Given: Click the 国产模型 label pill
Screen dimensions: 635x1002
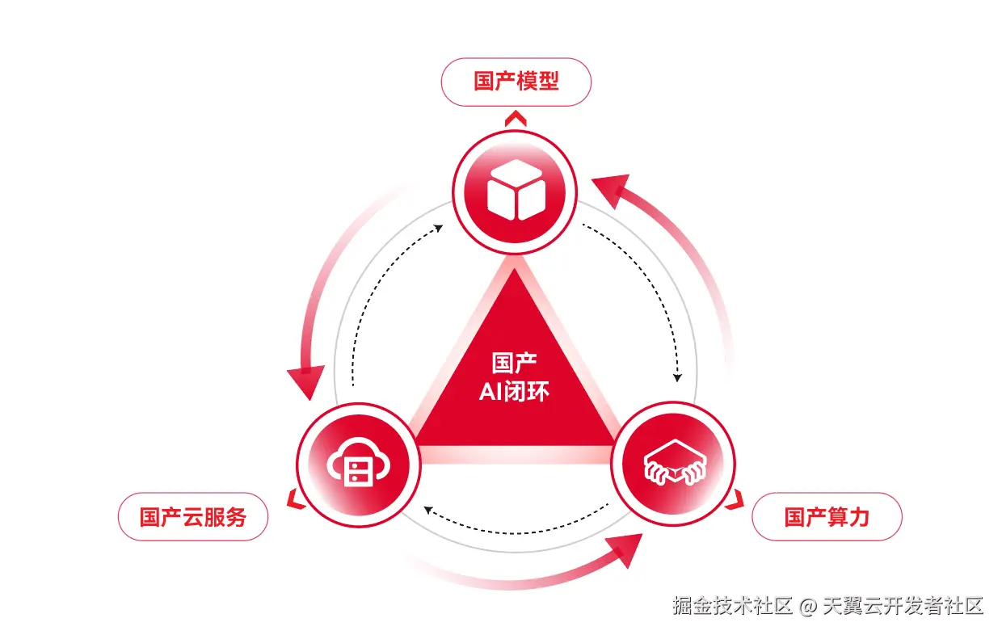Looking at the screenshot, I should point(516,82).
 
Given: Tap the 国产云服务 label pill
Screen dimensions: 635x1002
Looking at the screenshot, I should point(192,516).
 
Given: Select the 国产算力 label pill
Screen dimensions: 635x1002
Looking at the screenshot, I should point(826,516).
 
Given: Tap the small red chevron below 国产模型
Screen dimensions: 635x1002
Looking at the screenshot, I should point(516,120).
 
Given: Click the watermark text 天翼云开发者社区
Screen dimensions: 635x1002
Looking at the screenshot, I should point(903,606).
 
